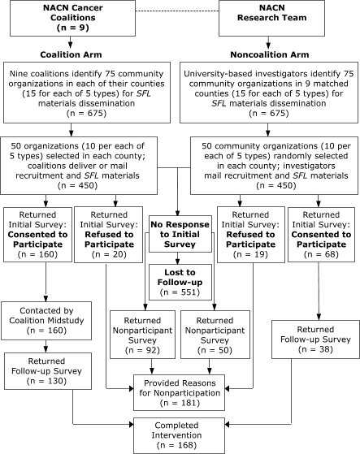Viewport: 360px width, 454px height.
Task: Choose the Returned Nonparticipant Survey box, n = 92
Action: pyautogui.click(x=144, y=330)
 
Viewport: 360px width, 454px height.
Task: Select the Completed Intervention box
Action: pyautogui.click(x=180, y=433)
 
